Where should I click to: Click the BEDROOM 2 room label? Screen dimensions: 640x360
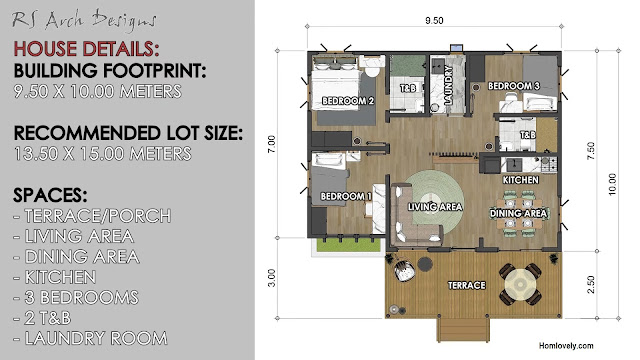pyautogui.click(x=348, y=100)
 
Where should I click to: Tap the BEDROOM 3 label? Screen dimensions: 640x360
pyautogui.click(x=514, y=86)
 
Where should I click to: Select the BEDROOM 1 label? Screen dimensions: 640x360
pyautogui.click(x=346, y=196)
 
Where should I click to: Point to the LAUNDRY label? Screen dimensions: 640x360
pyautogui.click(x=448, y=85)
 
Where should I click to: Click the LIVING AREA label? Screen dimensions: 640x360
pyautogui.click(x=435, y=207)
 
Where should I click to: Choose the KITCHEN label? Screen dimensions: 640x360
pyautogui.click(x=521, y=180)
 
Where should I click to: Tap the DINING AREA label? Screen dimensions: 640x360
pyautogui.click(x=518, y=213)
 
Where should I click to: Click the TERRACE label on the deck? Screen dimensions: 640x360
pyautogui.click(x=467, y=285)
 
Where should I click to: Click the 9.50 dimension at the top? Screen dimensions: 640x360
pyautogui.click(x=434, y=20)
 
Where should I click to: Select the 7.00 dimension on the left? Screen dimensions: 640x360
pyautogui.click(x=272, y=144)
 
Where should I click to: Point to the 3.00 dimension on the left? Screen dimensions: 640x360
pyautogui.click(x=272, y=278)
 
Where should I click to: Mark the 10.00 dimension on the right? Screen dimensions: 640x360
pyautogui.click(x=612, y=184)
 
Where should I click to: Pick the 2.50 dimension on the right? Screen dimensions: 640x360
pyautogui.click(x=591, y=284)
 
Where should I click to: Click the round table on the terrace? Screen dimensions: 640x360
pyautogui.click(x=521, y=284)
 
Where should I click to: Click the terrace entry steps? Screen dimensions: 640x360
pyautogui.click(x=463, y=330)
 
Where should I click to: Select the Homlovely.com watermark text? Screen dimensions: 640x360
pyautogui.click(x=566, y=346)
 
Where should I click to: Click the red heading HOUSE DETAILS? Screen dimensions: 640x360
pyautogui.click(x=86, y=49)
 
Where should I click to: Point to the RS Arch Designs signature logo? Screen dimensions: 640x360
pyautogui.click(x=84, y=20)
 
